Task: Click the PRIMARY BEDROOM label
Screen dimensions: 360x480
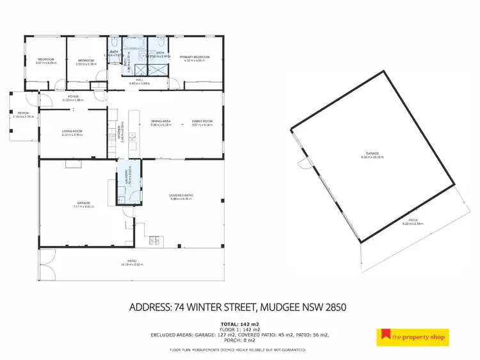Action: [195, 56]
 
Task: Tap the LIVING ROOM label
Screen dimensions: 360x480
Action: [72, 131]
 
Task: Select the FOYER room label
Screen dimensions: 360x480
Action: [74, 97]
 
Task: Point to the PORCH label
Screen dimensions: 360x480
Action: [24, 113]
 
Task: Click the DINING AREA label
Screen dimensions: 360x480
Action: [160, 121]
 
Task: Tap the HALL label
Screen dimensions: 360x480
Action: [140, 81]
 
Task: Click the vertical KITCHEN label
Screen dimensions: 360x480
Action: [120, 133]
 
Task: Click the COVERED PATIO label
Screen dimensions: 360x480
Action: [181, 195]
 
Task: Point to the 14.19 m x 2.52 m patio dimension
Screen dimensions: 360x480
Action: [131, 265]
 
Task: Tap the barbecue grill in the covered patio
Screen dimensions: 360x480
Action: [154, 241]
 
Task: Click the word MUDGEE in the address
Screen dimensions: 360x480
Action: [276, 307]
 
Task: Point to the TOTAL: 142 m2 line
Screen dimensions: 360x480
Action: [240, 324]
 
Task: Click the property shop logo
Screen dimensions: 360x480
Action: [412, 336]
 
